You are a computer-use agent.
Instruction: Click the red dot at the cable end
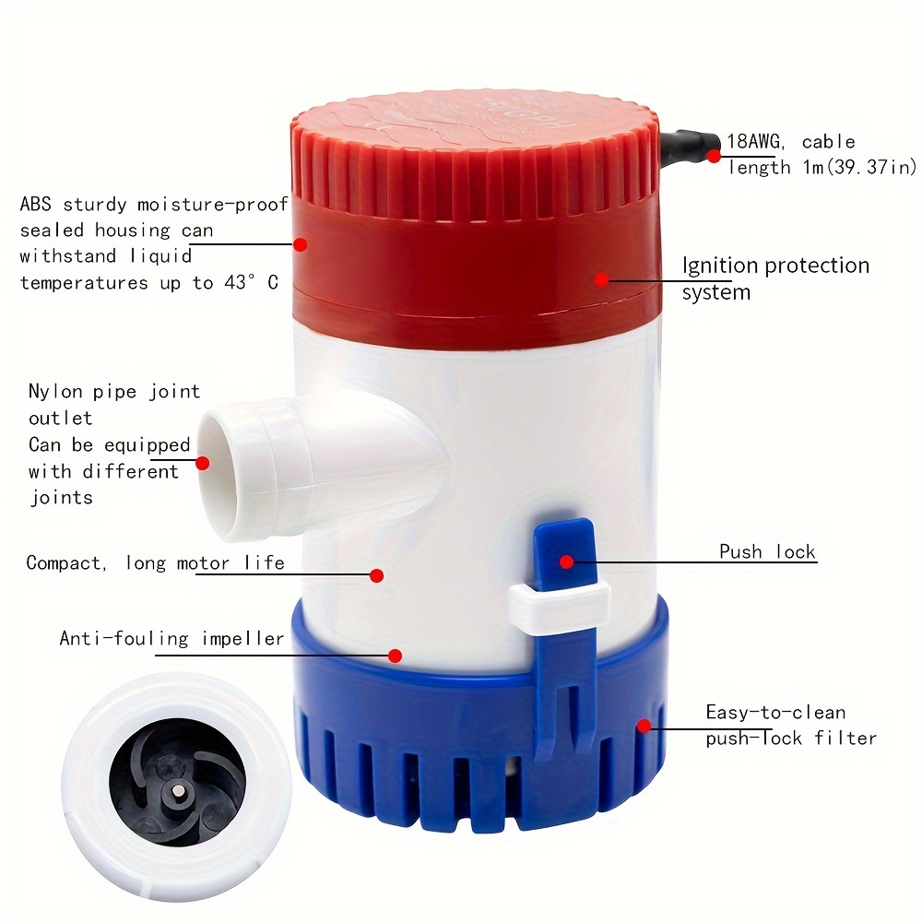click(715, 156)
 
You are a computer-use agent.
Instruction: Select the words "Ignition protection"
click(775, 266)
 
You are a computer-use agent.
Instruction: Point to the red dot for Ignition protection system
click(601, 278)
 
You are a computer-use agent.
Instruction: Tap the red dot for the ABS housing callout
click(301, 244)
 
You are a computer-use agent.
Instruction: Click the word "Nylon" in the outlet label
click(55, 392)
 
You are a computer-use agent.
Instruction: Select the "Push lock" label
click(767, 552)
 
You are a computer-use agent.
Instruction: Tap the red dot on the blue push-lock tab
click(567, 561)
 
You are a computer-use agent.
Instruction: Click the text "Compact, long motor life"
click(155, 562)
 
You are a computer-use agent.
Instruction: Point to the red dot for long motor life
click(376, 575)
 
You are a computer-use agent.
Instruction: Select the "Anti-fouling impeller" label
click(171, 638)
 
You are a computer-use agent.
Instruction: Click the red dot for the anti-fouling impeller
click(396, 656)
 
